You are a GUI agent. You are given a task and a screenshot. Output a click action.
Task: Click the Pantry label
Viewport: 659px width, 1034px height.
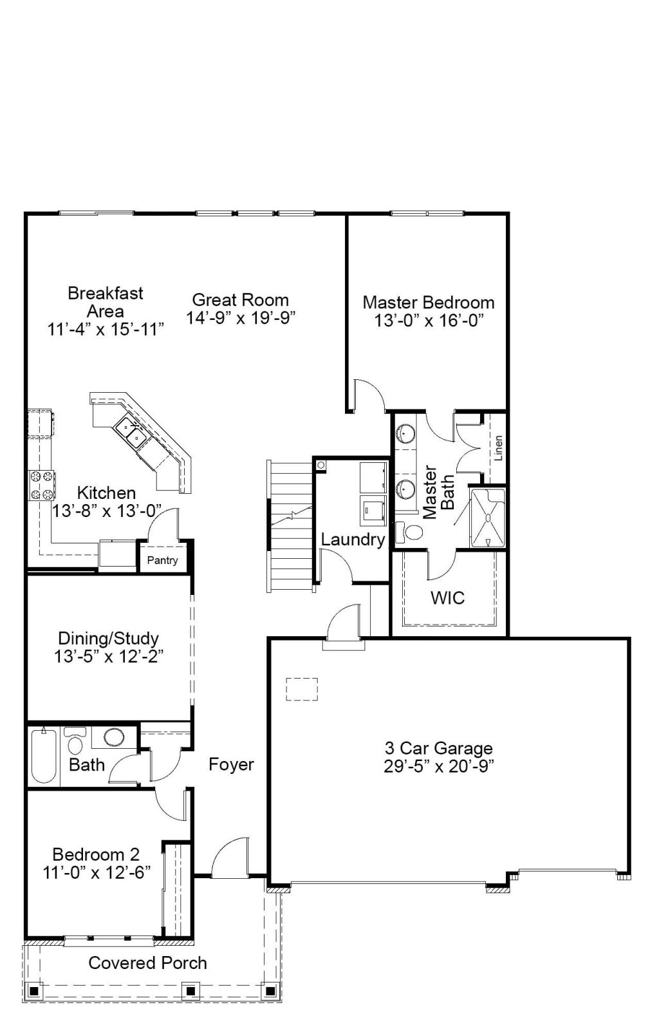162,560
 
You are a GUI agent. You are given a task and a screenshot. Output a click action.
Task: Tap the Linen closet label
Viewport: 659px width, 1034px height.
498,448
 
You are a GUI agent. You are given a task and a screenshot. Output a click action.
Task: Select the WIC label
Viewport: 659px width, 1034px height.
447,597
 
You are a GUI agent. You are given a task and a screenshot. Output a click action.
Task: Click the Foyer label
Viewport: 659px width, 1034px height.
231,764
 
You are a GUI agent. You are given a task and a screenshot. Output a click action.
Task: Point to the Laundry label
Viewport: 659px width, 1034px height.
353,540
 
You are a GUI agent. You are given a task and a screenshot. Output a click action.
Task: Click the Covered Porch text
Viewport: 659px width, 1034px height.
147,963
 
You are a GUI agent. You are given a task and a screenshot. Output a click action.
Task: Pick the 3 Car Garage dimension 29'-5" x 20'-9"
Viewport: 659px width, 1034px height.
439,766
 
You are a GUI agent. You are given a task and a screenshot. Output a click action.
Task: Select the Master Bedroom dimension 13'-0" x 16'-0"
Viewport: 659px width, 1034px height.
429,321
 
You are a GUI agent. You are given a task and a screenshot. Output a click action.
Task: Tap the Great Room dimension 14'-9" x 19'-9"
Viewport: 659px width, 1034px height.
241,317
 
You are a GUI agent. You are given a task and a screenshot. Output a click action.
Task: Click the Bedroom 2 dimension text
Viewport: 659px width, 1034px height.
97,872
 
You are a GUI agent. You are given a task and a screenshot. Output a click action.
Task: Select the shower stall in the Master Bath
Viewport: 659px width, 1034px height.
487,518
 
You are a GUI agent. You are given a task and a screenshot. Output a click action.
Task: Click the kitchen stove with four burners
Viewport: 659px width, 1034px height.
42,485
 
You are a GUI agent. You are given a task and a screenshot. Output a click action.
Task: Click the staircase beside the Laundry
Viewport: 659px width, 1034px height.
290,526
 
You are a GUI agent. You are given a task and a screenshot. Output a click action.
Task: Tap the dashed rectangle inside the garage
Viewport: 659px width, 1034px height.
302,689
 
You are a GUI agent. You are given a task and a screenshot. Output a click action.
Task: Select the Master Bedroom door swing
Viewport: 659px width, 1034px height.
369,395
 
